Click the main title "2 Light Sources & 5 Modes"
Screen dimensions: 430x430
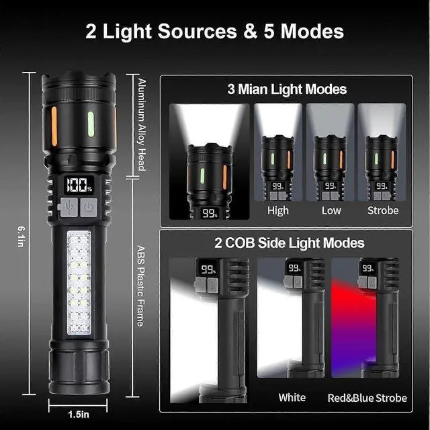click(214, 31)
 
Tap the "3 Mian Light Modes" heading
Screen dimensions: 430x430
click(287, 89)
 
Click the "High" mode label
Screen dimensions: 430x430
click(278, 210)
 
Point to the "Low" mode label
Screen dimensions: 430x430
click(331, 210)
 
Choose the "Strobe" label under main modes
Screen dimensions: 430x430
click(382, 210)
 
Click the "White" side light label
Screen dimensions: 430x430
click(292, 398)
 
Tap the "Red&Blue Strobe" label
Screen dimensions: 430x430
click(367, 398)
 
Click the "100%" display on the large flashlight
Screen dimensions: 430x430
click(79, 185)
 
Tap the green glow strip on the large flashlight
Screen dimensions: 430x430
click(90, 123)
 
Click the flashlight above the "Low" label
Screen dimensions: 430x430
click(330, 168)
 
